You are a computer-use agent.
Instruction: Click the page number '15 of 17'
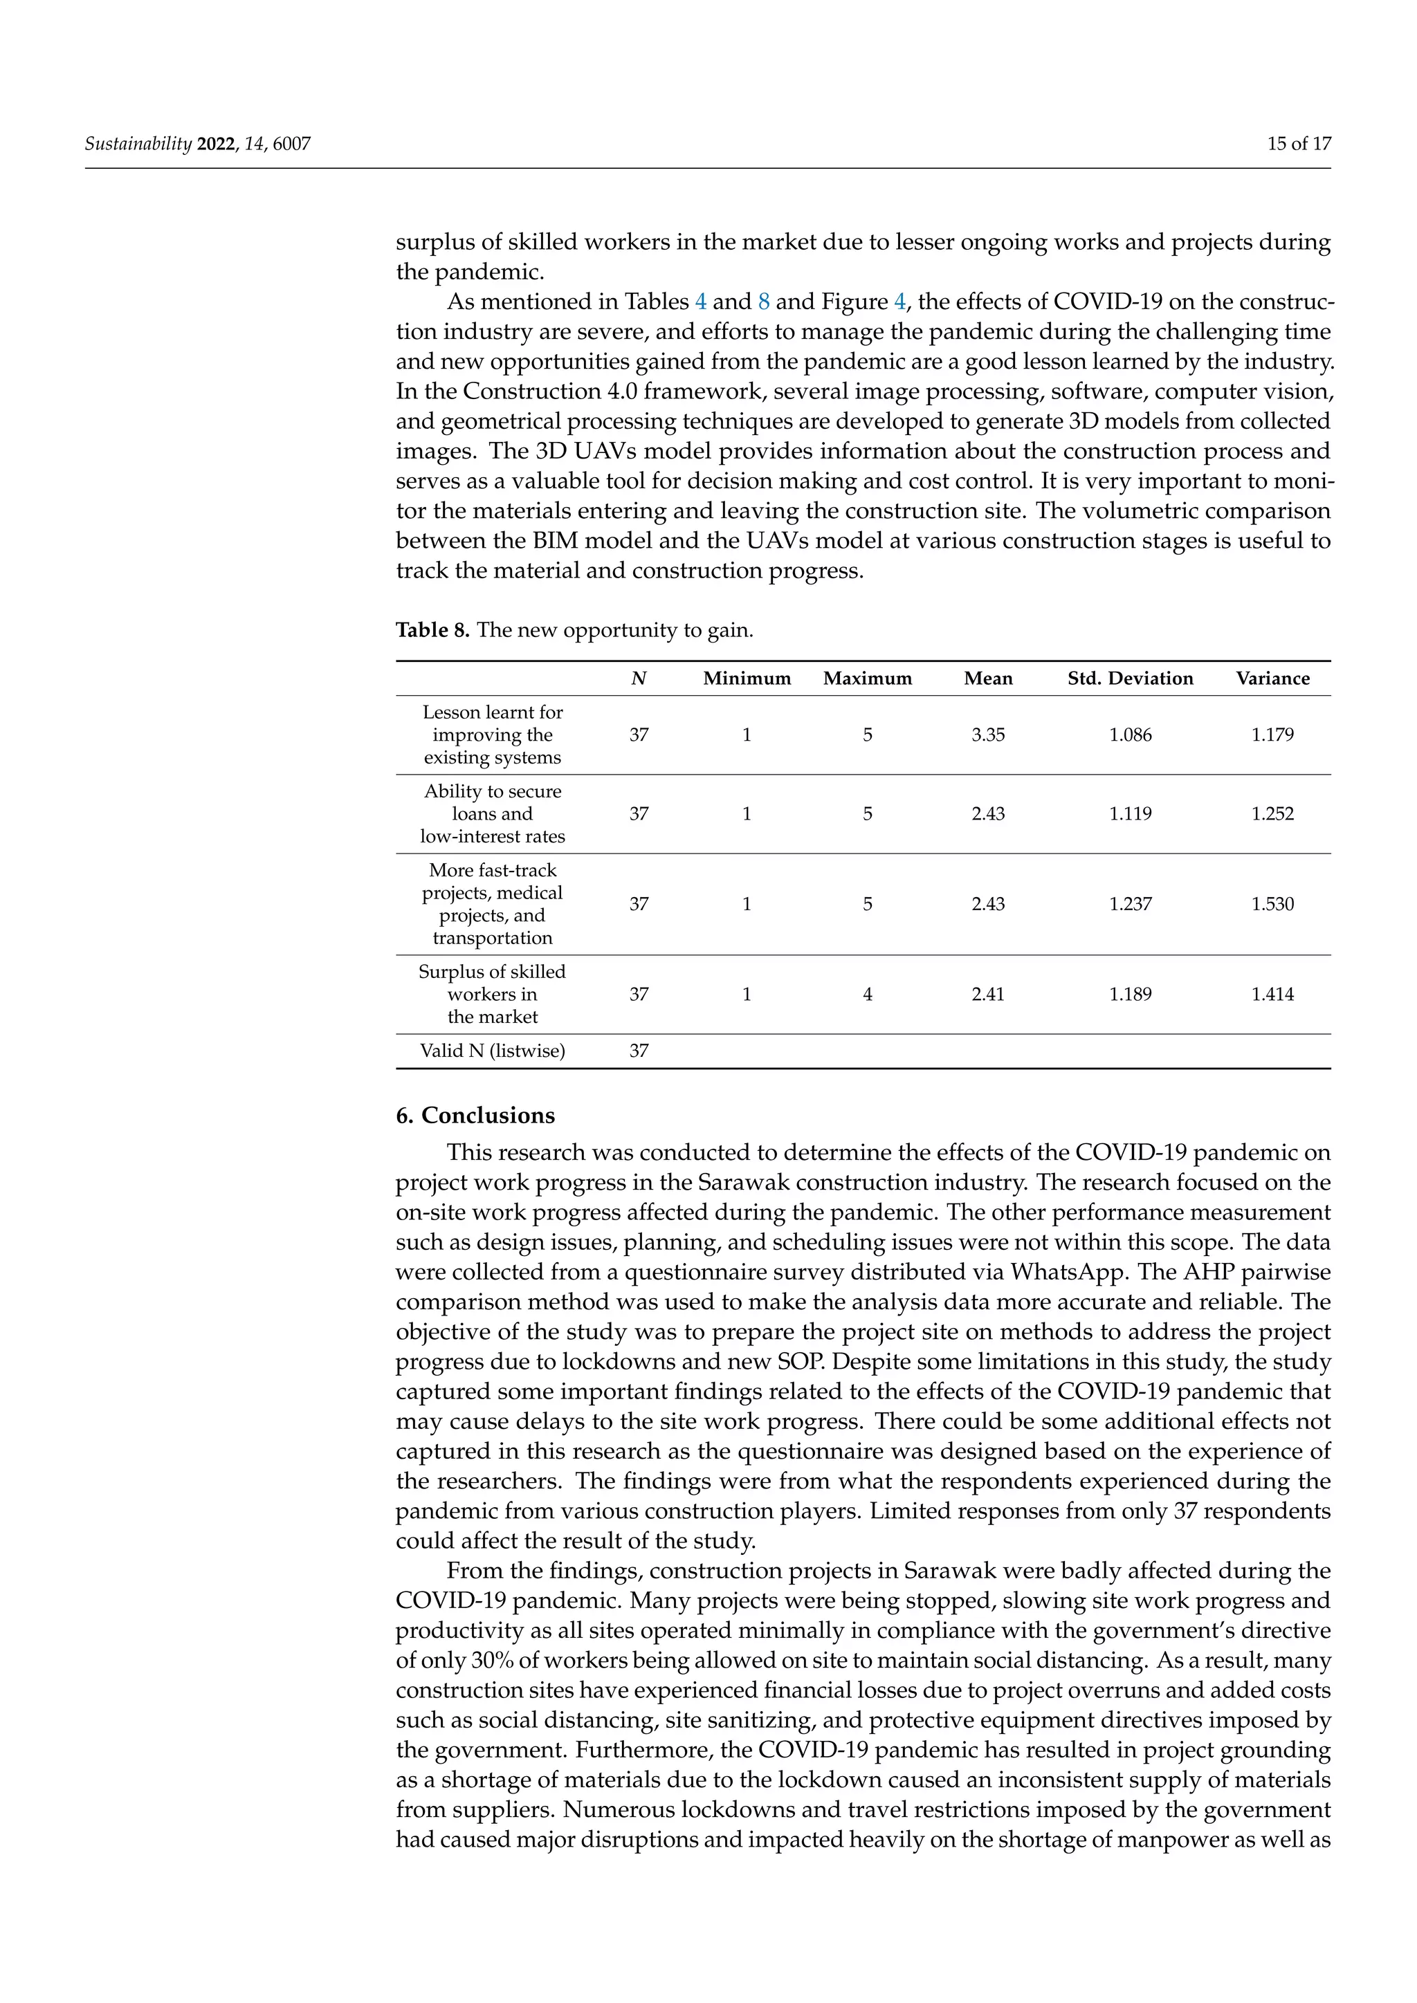pos(1298,144)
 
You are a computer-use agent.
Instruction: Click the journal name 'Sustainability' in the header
pos(138,144)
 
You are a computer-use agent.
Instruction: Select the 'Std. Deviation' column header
pos(1130,678)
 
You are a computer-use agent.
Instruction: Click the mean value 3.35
pos(988,735)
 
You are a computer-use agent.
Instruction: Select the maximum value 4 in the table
pos(868,994)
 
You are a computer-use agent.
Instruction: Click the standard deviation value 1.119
pos(1130,813)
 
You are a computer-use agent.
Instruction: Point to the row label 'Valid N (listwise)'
pos(492,1051)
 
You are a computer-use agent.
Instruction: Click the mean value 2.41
pos(988,994)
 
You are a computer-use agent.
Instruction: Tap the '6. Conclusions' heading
pos(475,1115)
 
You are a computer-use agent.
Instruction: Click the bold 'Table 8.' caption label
pos(432,630)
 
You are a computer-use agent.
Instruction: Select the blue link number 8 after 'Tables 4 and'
pos(763,302)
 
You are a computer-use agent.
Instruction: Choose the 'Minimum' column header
pos(747,678)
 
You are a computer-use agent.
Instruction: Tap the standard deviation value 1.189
pos(1130,994)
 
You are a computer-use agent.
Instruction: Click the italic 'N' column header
pos(639,678)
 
